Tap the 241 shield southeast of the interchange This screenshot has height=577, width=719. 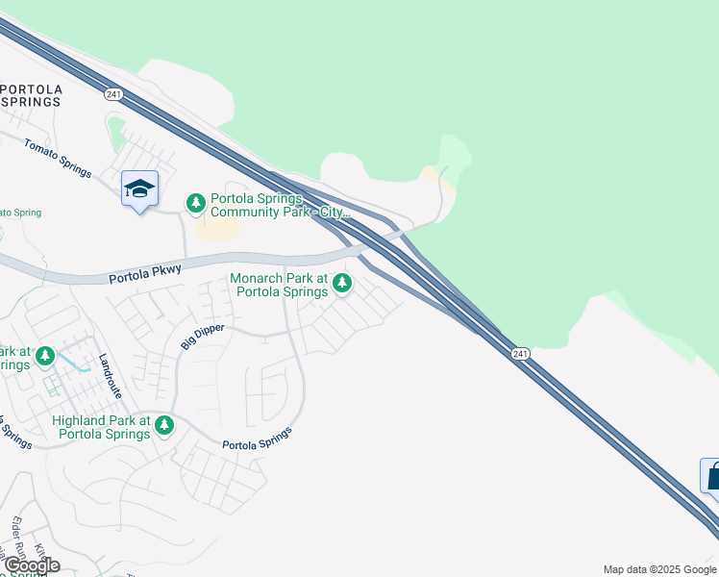point(520,354)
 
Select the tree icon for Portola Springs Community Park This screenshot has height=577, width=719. point(196,203)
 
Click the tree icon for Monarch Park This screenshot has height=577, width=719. point(342,283)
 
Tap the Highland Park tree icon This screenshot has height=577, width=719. point(164,424)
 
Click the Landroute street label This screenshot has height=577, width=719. point(111,376)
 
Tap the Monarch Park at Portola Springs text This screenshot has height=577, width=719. point(278,285)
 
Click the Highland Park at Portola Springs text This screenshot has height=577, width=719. point(103,427)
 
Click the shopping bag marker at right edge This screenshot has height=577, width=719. point(712,475)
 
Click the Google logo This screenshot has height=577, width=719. point(32,565)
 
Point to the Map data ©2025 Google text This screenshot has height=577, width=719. point(658,569)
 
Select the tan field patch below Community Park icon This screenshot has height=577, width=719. point(219,229)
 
